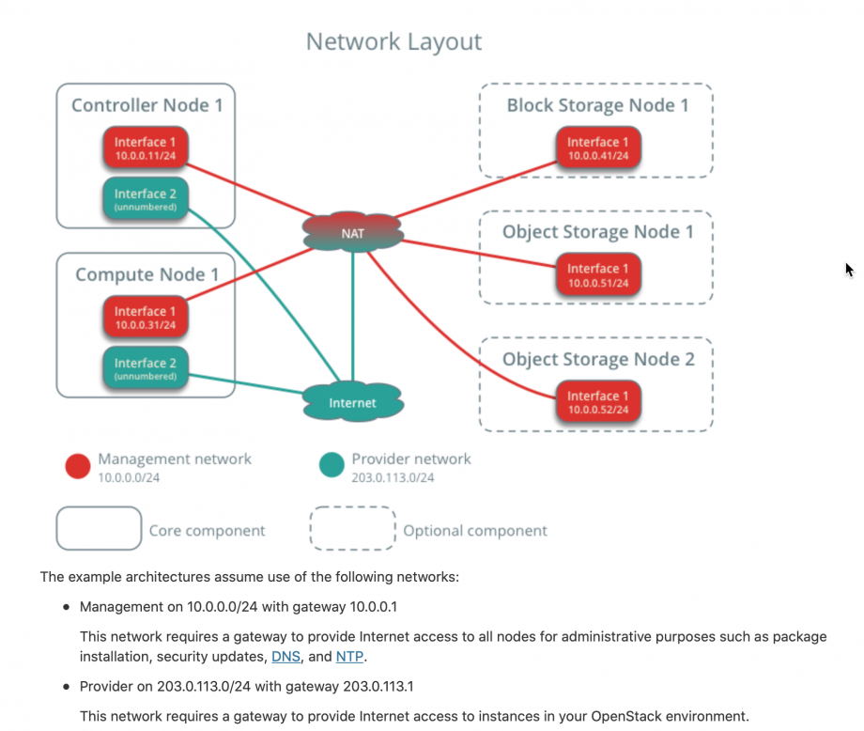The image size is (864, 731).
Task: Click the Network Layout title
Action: point(393,42)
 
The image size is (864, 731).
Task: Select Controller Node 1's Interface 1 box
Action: point(146,148)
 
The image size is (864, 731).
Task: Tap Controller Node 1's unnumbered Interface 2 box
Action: point(146,199)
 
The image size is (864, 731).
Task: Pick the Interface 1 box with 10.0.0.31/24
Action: point(146,318)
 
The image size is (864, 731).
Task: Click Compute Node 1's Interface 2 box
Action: point(146,368)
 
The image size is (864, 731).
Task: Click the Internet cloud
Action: point(353,402)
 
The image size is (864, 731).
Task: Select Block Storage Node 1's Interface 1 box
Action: point(599,148)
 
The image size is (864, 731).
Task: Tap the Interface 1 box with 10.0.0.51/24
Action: point(599,275)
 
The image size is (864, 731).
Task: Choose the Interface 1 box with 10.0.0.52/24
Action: point(599,402)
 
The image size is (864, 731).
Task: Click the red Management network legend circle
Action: point(78,466)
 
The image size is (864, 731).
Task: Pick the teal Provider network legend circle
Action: point(332,466)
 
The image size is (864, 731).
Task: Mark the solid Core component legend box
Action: point(99,529)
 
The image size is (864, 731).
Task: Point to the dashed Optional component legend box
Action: point(352,529)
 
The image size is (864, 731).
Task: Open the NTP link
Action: point(349,656)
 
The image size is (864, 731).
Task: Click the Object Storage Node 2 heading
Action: point(598,360)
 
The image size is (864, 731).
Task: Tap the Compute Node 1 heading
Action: point(147,275)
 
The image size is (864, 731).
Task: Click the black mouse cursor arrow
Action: point(849,271)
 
